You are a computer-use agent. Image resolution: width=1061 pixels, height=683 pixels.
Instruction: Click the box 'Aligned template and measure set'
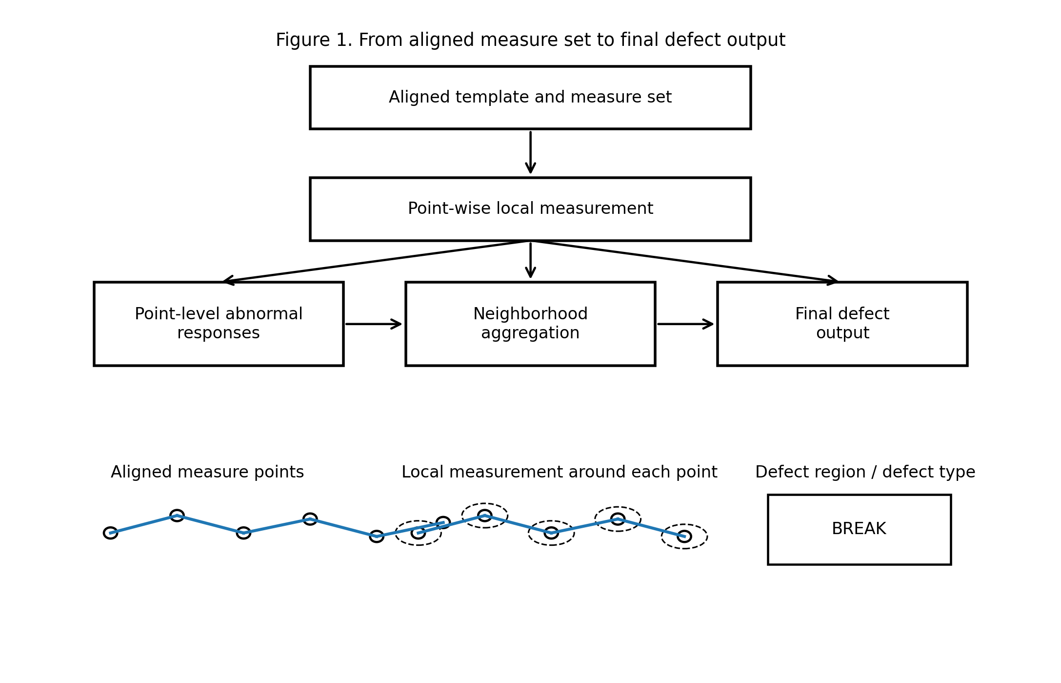pos(530,98)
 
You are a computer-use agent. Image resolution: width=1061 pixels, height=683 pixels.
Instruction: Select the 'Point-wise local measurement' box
pos(530,209)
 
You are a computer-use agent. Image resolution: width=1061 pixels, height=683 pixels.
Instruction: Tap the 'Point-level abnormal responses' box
pos(219,324)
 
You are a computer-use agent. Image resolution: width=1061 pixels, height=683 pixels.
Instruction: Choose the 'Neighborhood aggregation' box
pos(530,324)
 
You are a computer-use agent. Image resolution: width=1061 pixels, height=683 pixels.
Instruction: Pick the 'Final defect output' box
pos(842,324)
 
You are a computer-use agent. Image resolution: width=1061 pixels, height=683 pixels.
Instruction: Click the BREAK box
pos(859,530)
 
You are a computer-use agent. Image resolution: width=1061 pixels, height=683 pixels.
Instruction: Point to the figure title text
pos(530,40)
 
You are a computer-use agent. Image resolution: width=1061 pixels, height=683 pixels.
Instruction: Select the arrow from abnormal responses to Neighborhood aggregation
pos(374,324)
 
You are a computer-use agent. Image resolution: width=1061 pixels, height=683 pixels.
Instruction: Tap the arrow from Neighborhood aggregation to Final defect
pos(685,324)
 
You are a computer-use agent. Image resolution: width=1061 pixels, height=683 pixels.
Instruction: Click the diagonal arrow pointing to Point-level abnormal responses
pos(376,261)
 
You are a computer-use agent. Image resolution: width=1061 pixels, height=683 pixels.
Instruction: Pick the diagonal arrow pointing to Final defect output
pos(685,261)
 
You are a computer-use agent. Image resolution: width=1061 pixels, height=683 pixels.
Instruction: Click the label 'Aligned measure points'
pos(207,472)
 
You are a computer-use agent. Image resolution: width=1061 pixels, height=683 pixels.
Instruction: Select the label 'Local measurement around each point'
pos(559,472)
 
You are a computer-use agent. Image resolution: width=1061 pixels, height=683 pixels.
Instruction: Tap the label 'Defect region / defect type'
pos(865,472)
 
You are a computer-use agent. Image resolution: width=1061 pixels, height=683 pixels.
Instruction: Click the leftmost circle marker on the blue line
pos(111,533)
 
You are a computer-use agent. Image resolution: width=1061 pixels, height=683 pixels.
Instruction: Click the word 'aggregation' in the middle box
pos(530,333)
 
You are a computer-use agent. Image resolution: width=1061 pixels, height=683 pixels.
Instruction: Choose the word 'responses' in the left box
pos(219,333)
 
